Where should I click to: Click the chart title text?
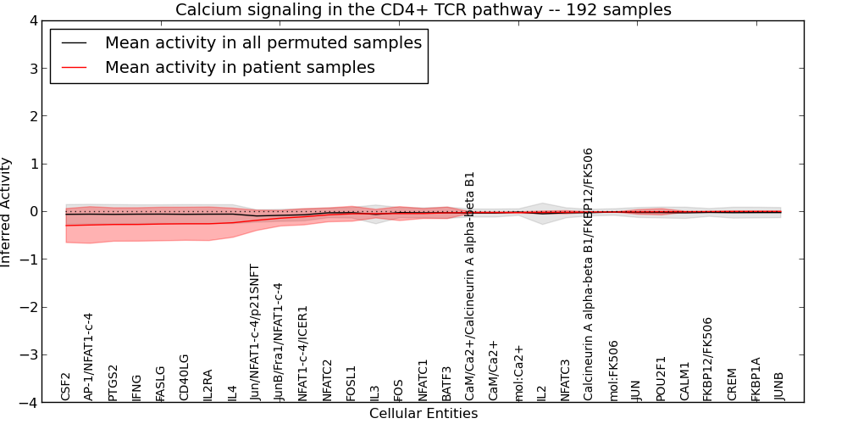[x=423, y=9]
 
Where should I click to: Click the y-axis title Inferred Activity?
[x=5, y=211]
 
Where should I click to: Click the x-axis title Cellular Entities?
[x=423, y=414]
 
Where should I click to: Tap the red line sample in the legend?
[x=74, y=67]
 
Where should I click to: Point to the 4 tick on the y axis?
[x=34, y=20]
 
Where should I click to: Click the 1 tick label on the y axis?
[x=34, y=164]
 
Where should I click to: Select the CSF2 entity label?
[x=66, y=386]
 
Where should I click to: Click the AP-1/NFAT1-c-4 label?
[x=90, y=357]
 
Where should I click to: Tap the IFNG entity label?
[x=137, y=388]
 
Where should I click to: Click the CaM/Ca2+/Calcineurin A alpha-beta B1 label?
[x=470, y=286]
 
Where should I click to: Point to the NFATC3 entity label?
[x=565, y=380]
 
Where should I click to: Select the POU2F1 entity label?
[x=660, y=378]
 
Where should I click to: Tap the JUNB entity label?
[x=779, y=386]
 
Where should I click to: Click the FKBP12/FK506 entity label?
[x=707, y=359]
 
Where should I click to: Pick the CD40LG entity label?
[x=185, y=377]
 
